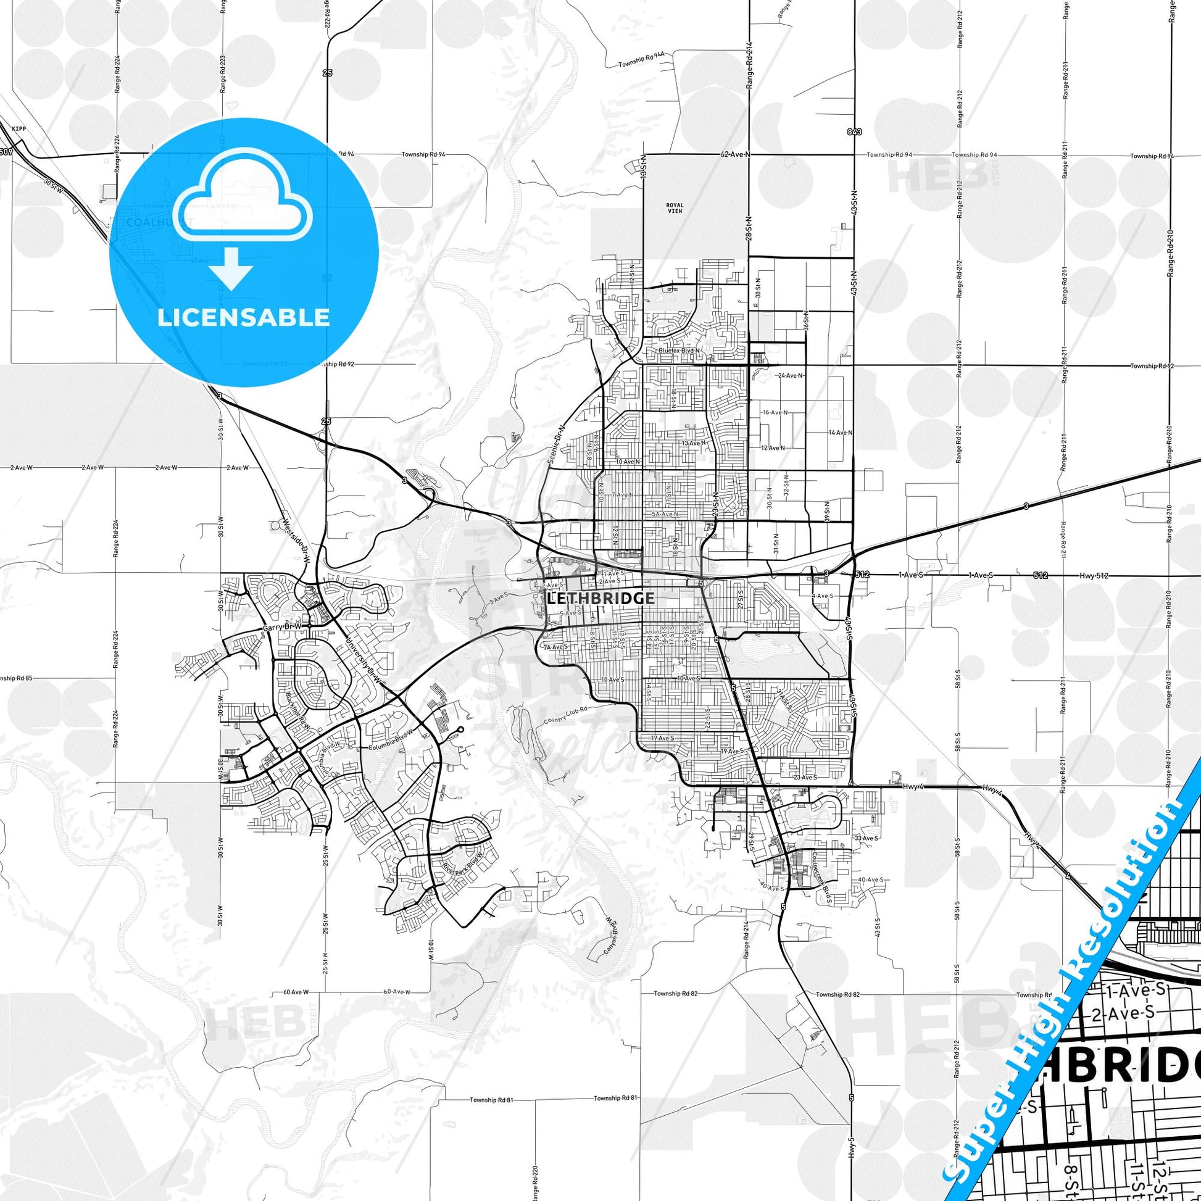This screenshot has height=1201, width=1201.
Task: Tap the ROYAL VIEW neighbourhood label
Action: coord(675,208)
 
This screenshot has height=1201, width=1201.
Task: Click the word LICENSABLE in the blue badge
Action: coord(244,318)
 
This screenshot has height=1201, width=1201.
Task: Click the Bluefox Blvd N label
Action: coord(679,351)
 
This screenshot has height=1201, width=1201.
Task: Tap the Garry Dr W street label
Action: coord(281,628)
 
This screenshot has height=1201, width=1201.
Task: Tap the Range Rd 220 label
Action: coord(535,1169)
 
